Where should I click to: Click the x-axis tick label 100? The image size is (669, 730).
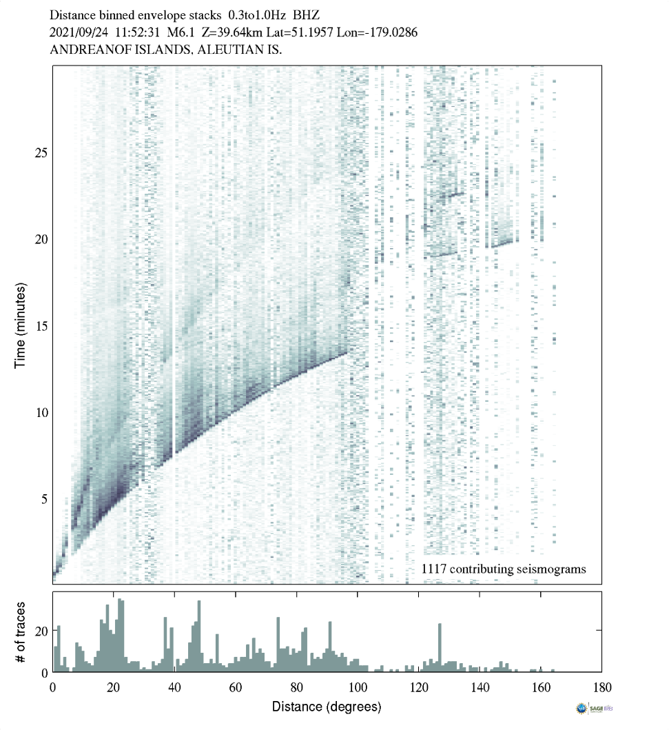coord(358,687)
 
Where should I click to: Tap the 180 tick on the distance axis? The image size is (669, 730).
coord(601,687)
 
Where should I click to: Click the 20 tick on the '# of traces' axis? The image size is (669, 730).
coord(41,631)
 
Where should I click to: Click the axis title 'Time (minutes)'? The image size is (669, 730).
coord(21,325)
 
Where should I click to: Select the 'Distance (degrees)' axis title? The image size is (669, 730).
coord(327,707)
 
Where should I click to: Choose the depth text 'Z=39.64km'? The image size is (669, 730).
coord(239,32)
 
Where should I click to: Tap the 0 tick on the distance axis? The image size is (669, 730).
coord(52,687)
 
